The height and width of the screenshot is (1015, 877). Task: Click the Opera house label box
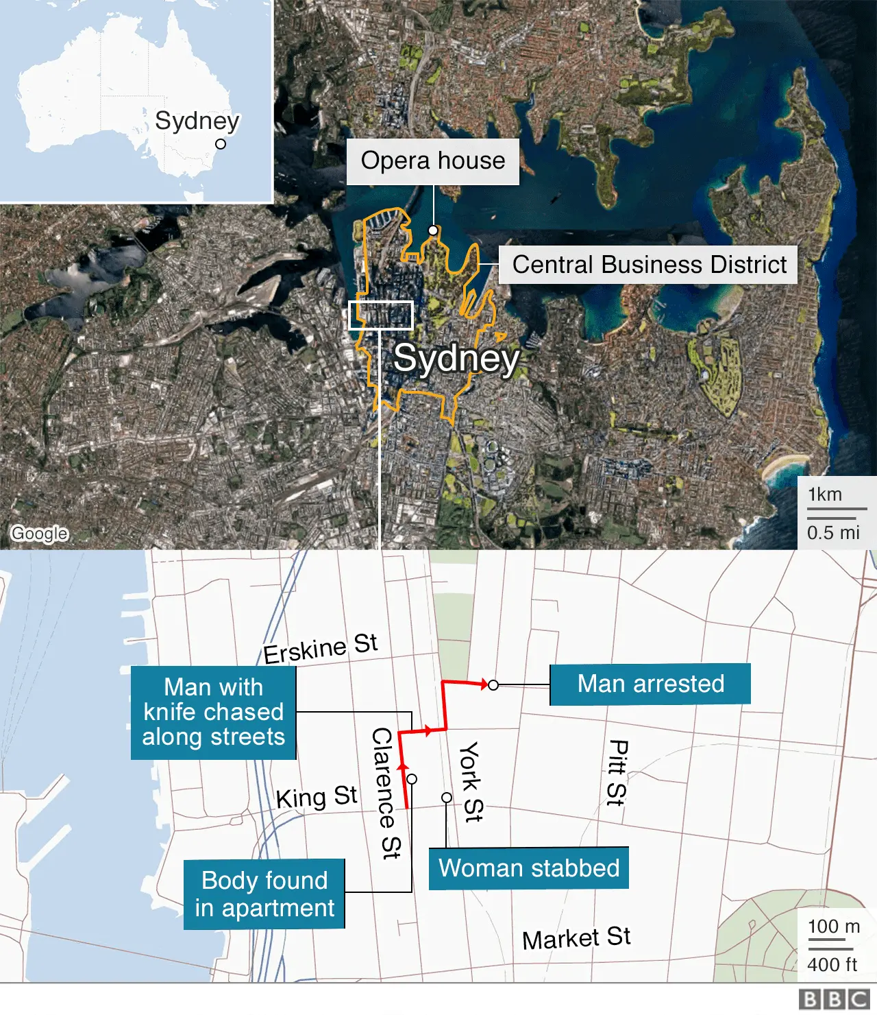432,161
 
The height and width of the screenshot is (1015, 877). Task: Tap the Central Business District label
649,265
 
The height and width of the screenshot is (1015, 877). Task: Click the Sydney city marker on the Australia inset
221,144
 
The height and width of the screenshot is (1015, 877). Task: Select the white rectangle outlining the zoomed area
381,315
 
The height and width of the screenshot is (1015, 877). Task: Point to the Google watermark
40,533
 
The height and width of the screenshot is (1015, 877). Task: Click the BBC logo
834,999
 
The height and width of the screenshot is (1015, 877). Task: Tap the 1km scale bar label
825,494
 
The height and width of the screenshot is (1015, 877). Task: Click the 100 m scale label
833,927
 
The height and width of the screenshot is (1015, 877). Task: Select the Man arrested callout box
650,684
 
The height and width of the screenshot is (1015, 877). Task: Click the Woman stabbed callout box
528,868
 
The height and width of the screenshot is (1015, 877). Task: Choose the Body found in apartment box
264,894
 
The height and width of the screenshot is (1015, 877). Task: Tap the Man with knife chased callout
213,712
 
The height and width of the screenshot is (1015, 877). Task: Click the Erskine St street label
320,648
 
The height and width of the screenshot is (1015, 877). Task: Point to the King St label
317,797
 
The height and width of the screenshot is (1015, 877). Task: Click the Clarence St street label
386,793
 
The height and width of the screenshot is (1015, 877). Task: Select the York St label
471,781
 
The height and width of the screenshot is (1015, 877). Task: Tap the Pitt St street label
617,772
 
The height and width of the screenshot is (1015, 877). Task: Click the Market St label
576,938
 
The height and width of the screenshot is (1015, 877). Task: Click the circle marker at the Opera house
433,230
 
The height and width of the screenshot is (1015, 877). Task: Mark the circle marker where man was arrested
493,685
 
